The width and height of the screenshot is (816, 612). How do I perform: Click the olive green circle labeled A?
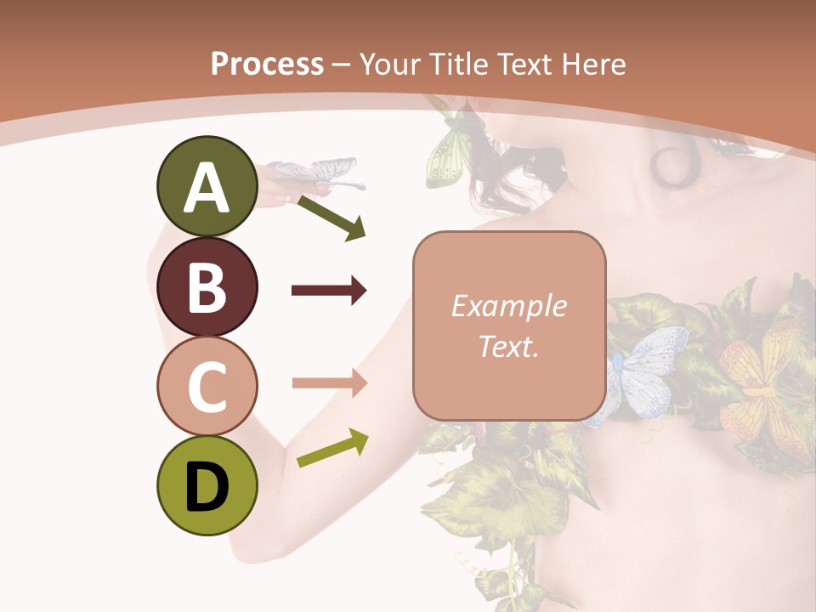[x=207, y=187]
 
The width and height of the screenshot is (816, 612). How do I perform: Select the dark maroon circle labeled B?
[x=207, y=286]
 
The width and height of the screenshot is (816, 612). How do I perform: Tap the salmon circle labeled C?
[x=207, y=386]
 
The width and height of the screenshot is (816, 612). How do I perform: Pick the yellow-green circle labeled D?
[x=207, y=485]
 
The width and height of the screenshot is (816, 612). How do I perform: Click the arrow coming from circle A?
[x=331, y=218]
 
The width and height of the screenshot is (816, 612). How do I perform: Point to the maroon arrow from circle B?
[x=329, y=291]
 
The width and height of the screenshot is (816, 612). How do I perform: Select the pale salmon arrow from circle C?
[x=329, y=383]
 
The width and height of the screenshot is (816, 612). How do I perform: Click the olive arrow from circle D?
[x=332, y=448]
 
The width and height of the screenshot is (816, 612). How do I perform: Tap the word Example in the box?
[x=509, y=306]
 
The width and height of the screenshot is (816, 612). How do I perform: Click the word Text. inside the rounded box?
[x=509, y=346]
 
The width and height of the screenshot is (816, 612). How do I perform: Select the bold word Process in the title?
[x=267, y=64]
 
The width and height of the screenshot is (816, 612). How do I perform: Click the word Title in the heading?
[x=460, y=64]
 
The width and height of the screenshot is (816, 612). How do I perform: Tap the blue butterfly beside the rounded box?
[x=646, y=365]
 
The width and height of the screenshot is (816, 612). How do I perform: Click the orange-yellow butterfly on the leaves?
[x=761, y=382]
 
